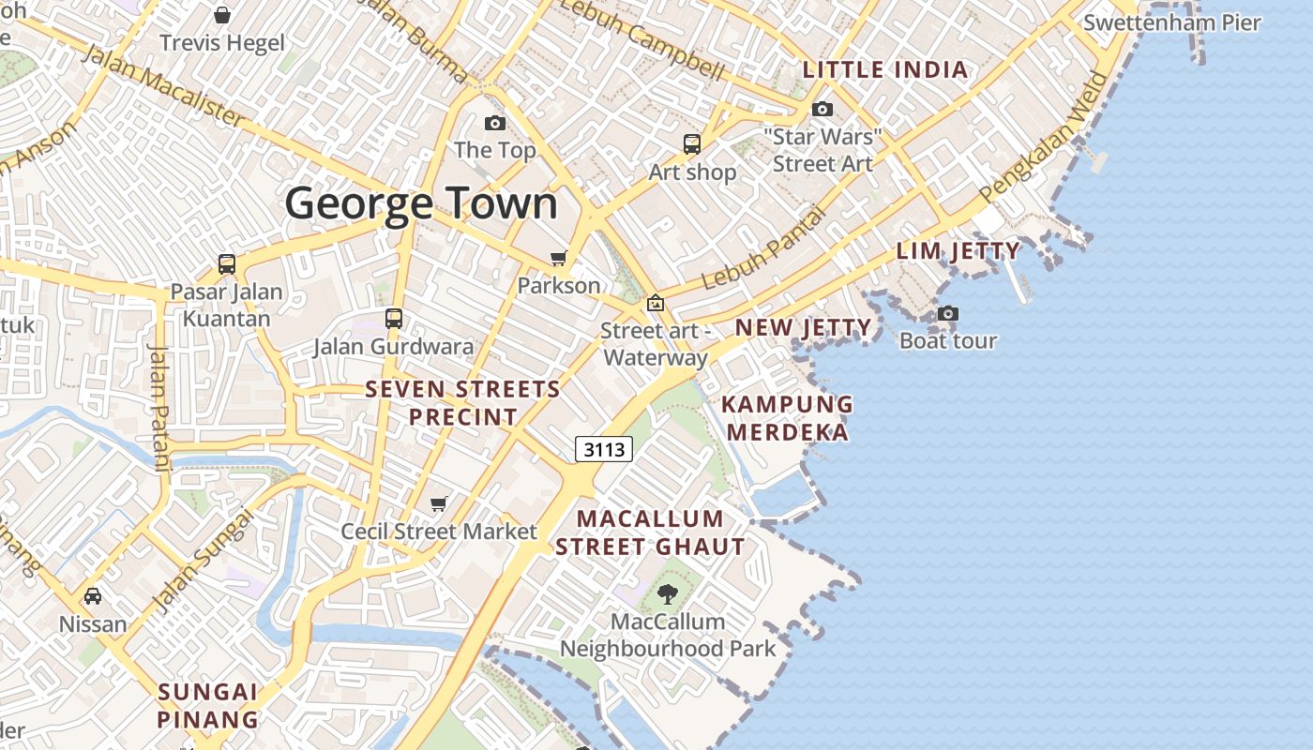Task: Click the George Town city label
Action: click(421, 203)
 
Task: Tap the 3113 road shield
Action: click(604, 450)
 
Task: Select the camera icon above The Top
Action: click(494, 123)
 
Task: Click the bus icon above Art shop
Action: click(692, 144)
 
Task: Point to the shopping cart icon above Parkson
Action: click(559, 258)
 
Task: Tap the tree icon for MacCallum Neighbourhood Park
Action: click(668, 593)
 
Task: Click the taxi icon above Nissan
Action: click(93, 596)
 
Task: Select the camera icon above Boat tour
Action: click(948, 313)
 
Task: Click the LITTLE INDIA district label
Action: click(885, 69)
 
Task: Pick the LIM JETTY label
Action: click(958, 251)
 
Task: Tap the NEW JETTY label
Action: click(803, 327)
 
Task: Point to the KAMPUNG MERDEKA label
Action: click(788, 418)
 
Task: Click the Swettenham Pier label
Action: click(1171, 22)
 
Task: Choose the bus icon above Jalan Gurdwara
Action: click(394, 319)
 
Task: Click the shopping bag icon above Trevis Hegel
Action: click(222, 15)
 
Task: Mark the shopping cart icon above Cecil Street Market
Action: click(438, 504)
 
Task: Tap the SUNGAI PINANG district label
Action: click(207, 706)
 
